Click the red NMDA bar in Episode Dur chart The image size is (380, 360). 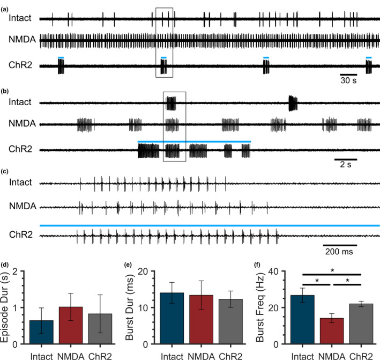click(71, 325)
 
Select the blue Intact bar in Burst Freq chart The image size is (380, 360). click(302, 319)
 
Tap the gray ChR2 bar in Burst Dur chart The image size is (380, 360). click(230, 321)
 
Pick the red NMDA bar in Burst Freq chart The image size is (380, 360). click(332, 331)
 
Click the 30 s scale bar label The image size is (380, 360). click(348, 80)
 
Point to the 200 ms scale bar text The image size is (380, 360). click(339, 252)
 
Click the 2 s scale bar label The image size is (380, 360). click(346, 165)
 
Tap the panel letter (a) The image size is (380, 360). click(5, 10)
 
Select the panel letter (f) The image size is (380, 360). click(257, 265)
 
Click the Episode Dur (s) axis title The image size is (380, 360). click(5, 307)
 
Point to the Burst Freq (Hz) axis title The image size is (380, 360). click(260, 307)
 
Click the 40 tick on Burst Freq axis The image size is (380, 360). click(273, 271)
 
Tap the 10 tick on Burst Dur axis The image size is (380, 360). click(143, 307)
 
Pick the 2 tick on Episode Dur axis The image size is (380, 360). click(15, 271)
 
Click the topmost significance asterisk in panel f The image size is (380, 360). click(332, 270)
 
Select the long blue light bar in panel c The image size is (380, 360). click(210, 226)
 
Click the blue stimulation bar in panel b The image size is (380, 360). click(194, 142)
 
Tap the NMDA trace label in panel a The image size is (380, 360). click(23, 39)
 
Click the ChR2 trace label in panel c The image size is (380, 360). click(21, 234)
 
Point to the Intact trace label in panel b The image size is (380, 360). click(20, 102)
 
